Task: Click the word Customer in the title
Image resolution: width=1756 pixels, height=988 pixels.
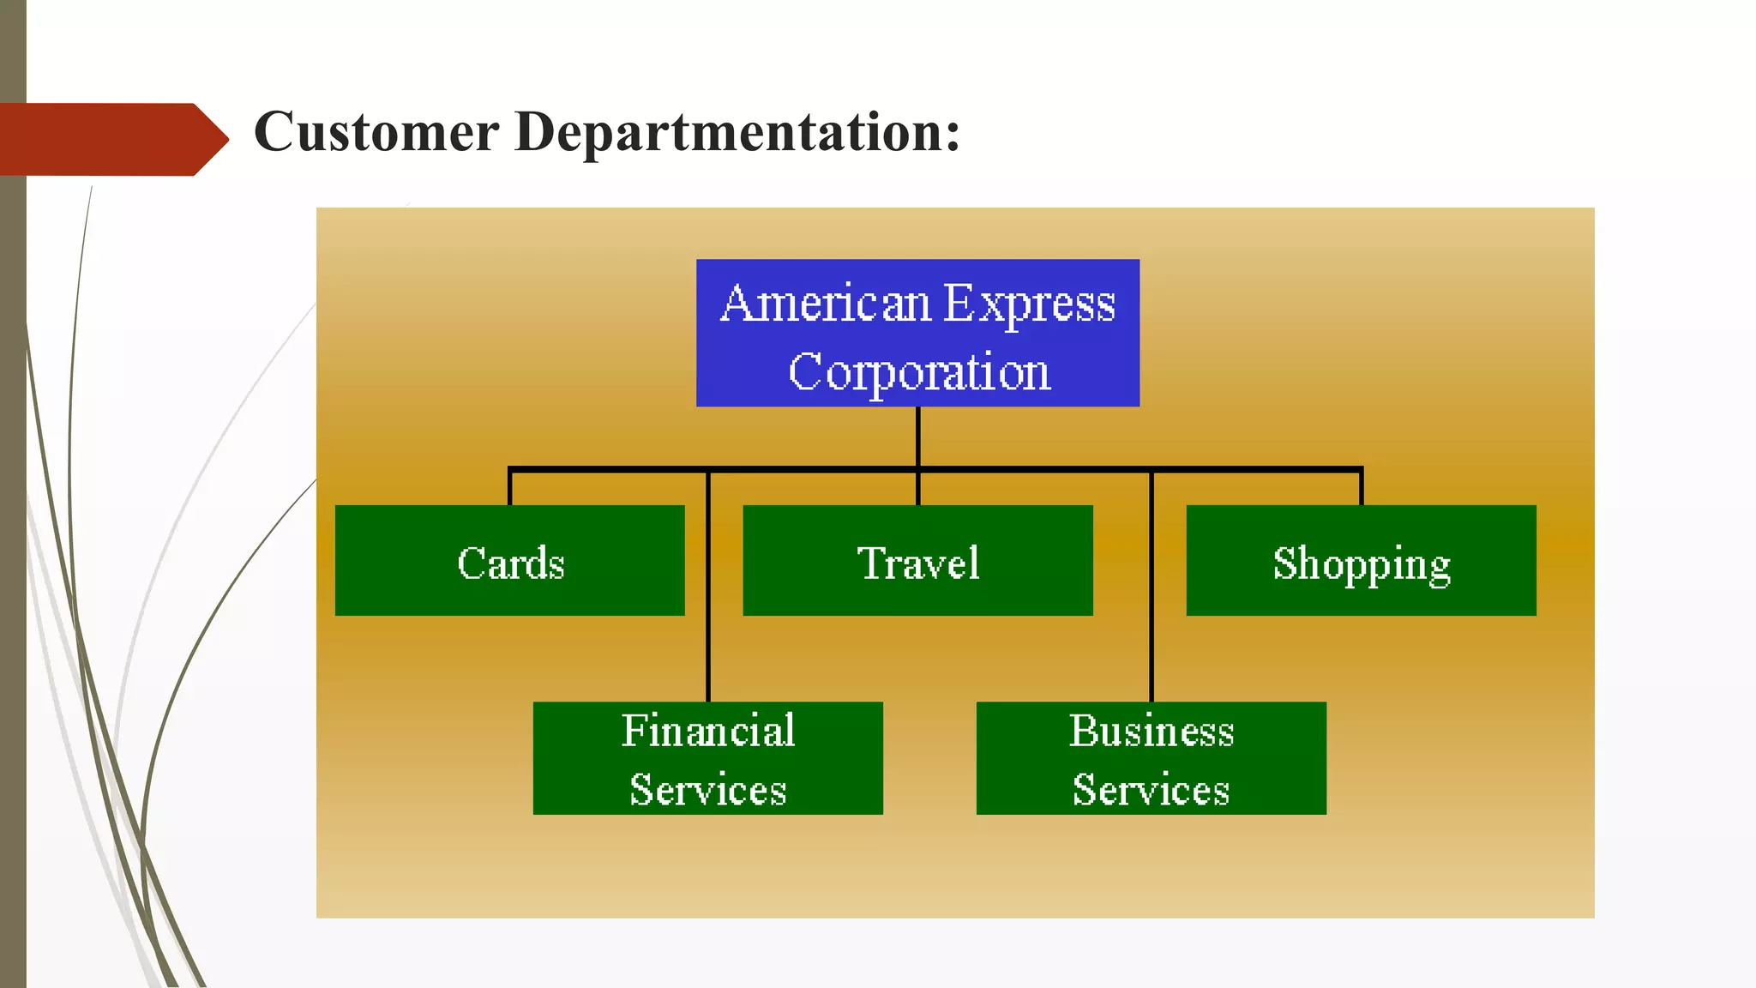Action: point(376,132)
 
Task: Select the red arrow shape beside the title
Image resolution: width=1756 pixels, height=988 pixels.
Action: point(111,139)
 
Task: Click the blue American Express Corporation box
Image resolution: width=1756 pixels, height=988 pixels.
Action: point(917,333)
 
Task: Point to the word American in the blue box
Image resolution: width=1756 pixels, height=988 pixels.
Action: point(825,303)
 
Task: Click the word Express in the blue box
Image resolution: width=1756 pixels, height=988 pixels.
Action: point(1029,303)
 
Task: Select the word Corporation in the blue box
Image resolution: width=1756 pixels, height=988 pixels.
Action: point(918,371)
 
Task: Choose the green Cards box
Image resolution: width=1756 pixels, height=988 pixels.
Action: point(509,560)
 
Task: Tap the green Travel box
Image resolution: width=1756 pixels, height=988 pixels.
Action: point(917,560)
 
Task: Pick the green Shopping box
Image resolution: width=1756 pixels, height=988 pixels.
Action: point(1361,560)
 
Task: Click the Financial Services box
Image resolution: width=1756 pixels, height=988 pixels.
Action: point(707,758)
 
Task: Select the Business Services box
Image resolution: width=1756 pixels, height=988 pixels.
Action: point(1151,758)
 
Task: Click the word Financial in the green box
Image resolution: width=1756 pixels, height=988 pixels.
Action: point(707,731)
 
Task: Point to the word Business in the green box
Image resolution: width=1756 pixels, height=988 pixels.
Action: point(1151,731)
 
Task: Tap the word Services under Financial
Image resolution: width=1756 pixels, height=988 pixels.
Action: point(707,789)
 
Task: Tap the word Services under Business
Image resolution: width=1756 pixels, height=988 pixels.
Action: point(1151,789)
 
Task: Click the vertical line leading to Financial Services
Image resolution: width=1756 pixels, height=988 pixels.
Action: point(708,592)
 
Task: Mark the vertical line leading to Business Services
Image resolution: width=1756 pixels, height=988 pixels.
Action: point(1152,592)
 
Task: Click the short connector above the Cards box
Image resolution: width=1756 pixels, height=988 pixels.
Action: point(510,487)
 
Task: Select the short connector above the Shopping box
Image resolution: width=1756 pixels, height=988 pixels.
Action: point(1361,487)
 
